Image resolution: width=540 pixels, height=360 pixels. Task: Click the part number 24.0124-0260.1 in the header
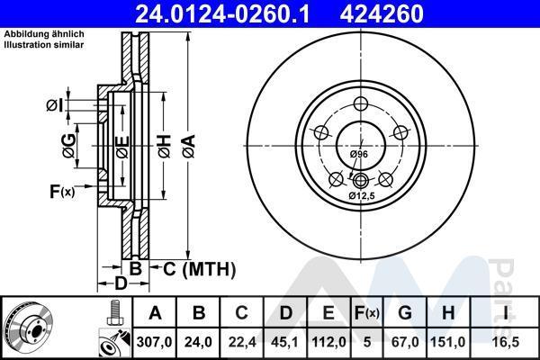(223, 13)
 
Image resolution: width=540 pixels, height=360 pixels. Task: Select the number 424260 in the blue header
(382, 13)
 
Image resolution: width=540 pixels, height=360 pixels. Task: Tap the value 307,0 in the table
(154, 342)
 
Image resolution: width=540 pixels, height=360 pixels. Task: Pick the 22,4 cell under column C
(242, 342)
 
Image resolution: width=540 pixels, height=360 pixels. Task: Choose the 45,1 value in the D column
(284, 342)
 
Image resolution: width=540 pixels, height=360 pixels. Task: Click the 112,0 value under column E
(328, 342)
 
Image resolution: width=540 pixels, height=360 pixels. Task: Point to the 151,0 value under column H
(447, 342)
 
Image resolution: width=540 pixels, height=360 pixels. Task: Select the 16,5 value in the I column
(506, 342)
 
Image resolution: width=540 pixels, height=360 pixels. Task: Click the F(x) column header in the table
(367, 313)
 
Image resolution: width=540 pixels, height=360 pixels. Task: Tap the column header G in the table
(405, 313)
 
